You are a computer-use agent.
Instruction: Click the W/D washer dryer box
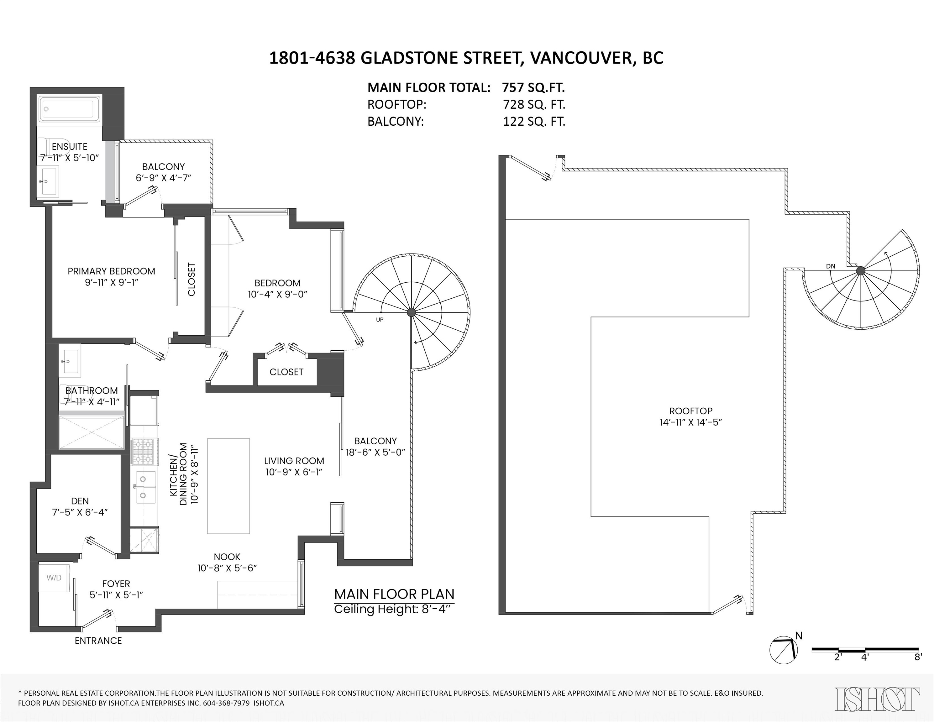pos(54,578)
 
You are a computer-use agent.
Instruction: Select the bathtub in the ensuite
pos(69,108)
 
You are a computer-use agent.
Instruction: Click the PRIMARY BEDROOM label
pos(111,271)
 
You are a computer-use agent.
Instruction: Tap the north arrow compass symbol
pos(784,650)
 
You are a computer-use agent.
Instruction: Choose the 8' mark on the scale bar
pos(918,657)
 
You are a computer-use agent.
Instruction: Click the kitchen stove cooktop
pos(144,452)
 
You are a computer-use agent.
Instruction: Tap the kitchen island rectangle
pos(228,486)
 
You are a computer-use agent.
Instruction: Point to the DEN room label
pos(80,501)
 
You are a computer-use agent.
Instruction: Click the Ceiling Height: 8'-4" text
pos(392,609)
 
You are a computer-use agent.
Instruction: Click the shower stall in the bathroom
pos(91,432)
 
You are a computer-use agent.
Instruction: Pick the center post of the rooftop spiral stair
pos(860,271)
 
